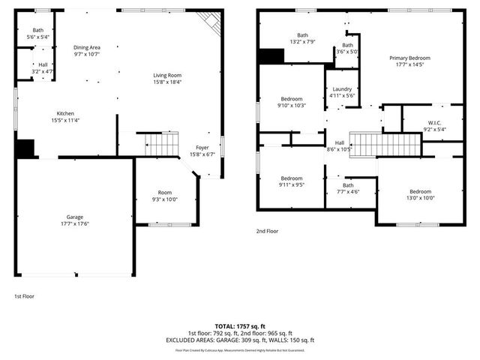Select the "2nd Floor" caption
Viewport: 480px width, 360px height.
pyautogui.click(x=267, y=232)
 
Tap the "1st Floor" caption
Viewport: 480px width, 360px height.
pyautogui.click(x=24, y=296)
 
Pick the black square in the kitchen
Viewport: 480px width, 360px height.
pyautogui.click(x=25, y=148)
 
